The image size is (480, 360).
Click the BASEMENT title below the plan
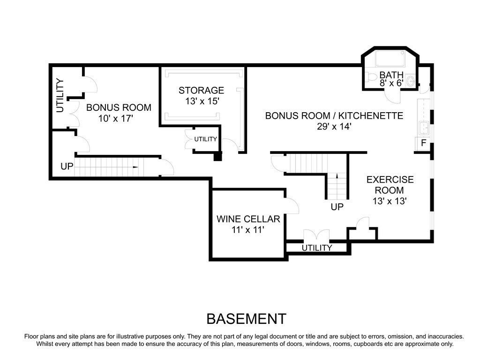[x=246, y=319]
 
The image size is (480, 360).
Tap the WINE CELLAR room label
[x=248, y=219]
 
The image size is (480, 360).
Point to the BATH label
[x=391, y=75]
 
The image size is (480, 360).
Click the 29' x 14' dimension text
[x=334, y=126]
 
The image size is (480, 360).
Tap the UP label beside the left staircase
[x=67, y=167]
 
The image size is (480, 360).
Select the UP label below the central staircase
[x=337, y=207]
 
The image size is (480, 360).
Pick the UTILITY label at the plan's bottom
[x=317, y=248]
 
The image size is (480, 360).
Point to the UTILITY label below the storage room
[x=205, y=139]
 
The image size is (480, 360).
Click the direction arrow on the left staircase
[x=135, y=167]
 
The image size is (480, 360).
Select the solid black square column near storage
[x=217, y=157]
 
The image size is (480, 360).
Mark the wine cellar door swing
[x=292, y=205]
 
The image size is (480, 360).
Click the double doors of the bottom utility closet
[x=316, y=236]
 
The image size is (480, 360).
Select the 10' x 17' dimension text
[x=116, y=118]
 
